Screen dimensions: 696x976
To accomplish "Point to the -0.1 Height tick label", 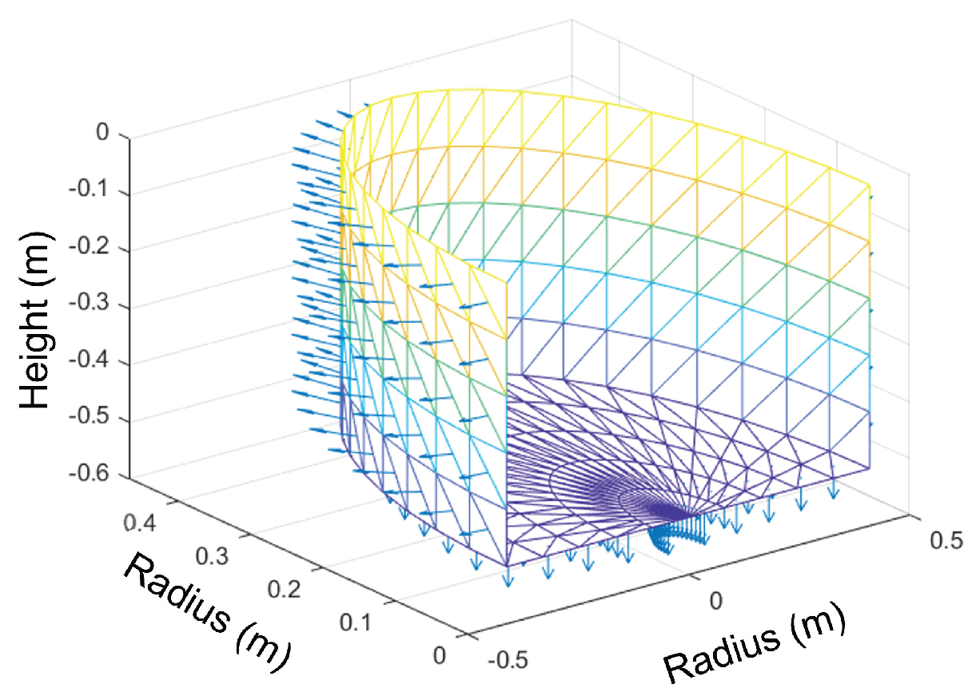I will click(x=95, y=193).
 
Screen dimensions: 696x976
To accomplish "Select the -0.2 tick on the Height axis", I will click(x=95, y=249).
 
